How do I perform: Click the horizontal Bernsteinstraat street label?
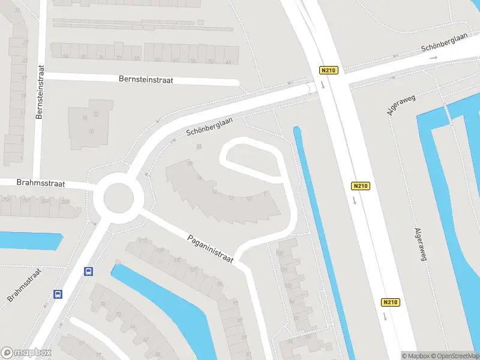[x=146, y=79]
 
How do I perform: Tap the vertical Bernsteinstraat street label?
[x=40, y=92]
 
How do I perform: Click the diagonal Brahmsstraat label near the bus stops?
[x=23, y=284]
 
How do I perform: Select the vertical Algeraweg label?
[x=420, y=245]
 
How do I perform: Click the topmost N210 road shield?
[x=329, y=70]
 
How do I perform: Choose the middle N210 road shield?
[x=360, y=186]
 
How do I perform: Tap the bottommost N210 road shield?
[x=390, y=302]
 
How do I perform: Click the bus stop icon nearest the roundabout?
[x=88, y=271]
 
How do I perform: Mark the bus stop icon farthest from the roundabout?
[x=58, y=294]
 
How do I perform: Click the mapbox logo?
[x=26, y=353]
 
